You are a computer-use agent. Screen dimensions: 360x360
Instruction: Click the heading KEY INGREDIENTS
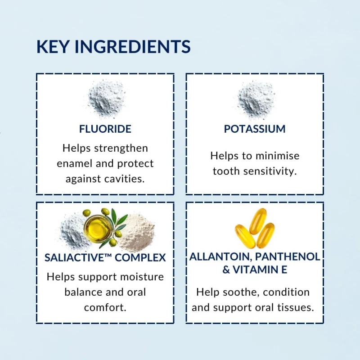(x=113, y=47)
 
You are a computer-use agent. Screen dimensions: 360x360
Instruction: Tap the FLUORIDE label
(x=105, y=129)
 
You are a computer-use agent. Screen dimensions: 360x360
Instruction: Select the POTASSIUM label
(x=255, y=129)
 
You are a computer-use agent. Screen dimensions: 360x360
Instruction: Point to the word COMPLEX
(x=140, y=257)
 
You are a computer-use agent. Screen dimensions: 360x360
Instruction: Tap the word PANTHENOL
(x=288, y=256)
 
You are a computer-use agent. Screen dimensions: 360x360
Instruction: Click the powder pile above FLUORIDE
(x=106, y=99)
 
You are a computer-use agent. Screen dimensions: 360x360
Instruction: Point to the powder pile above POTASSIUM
(x=256, y=99)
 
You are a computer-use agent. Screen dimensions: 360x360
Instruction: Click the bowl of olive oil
(x=98, y=228)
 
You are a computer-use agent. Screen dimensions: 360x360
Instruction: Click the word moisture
(x=142, y=277)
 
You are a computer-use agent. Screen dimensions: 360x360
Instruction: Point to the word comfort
(x=105, y=307)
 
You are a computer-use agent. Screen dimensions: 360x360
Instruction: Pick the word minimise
(x=277, y=156)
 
